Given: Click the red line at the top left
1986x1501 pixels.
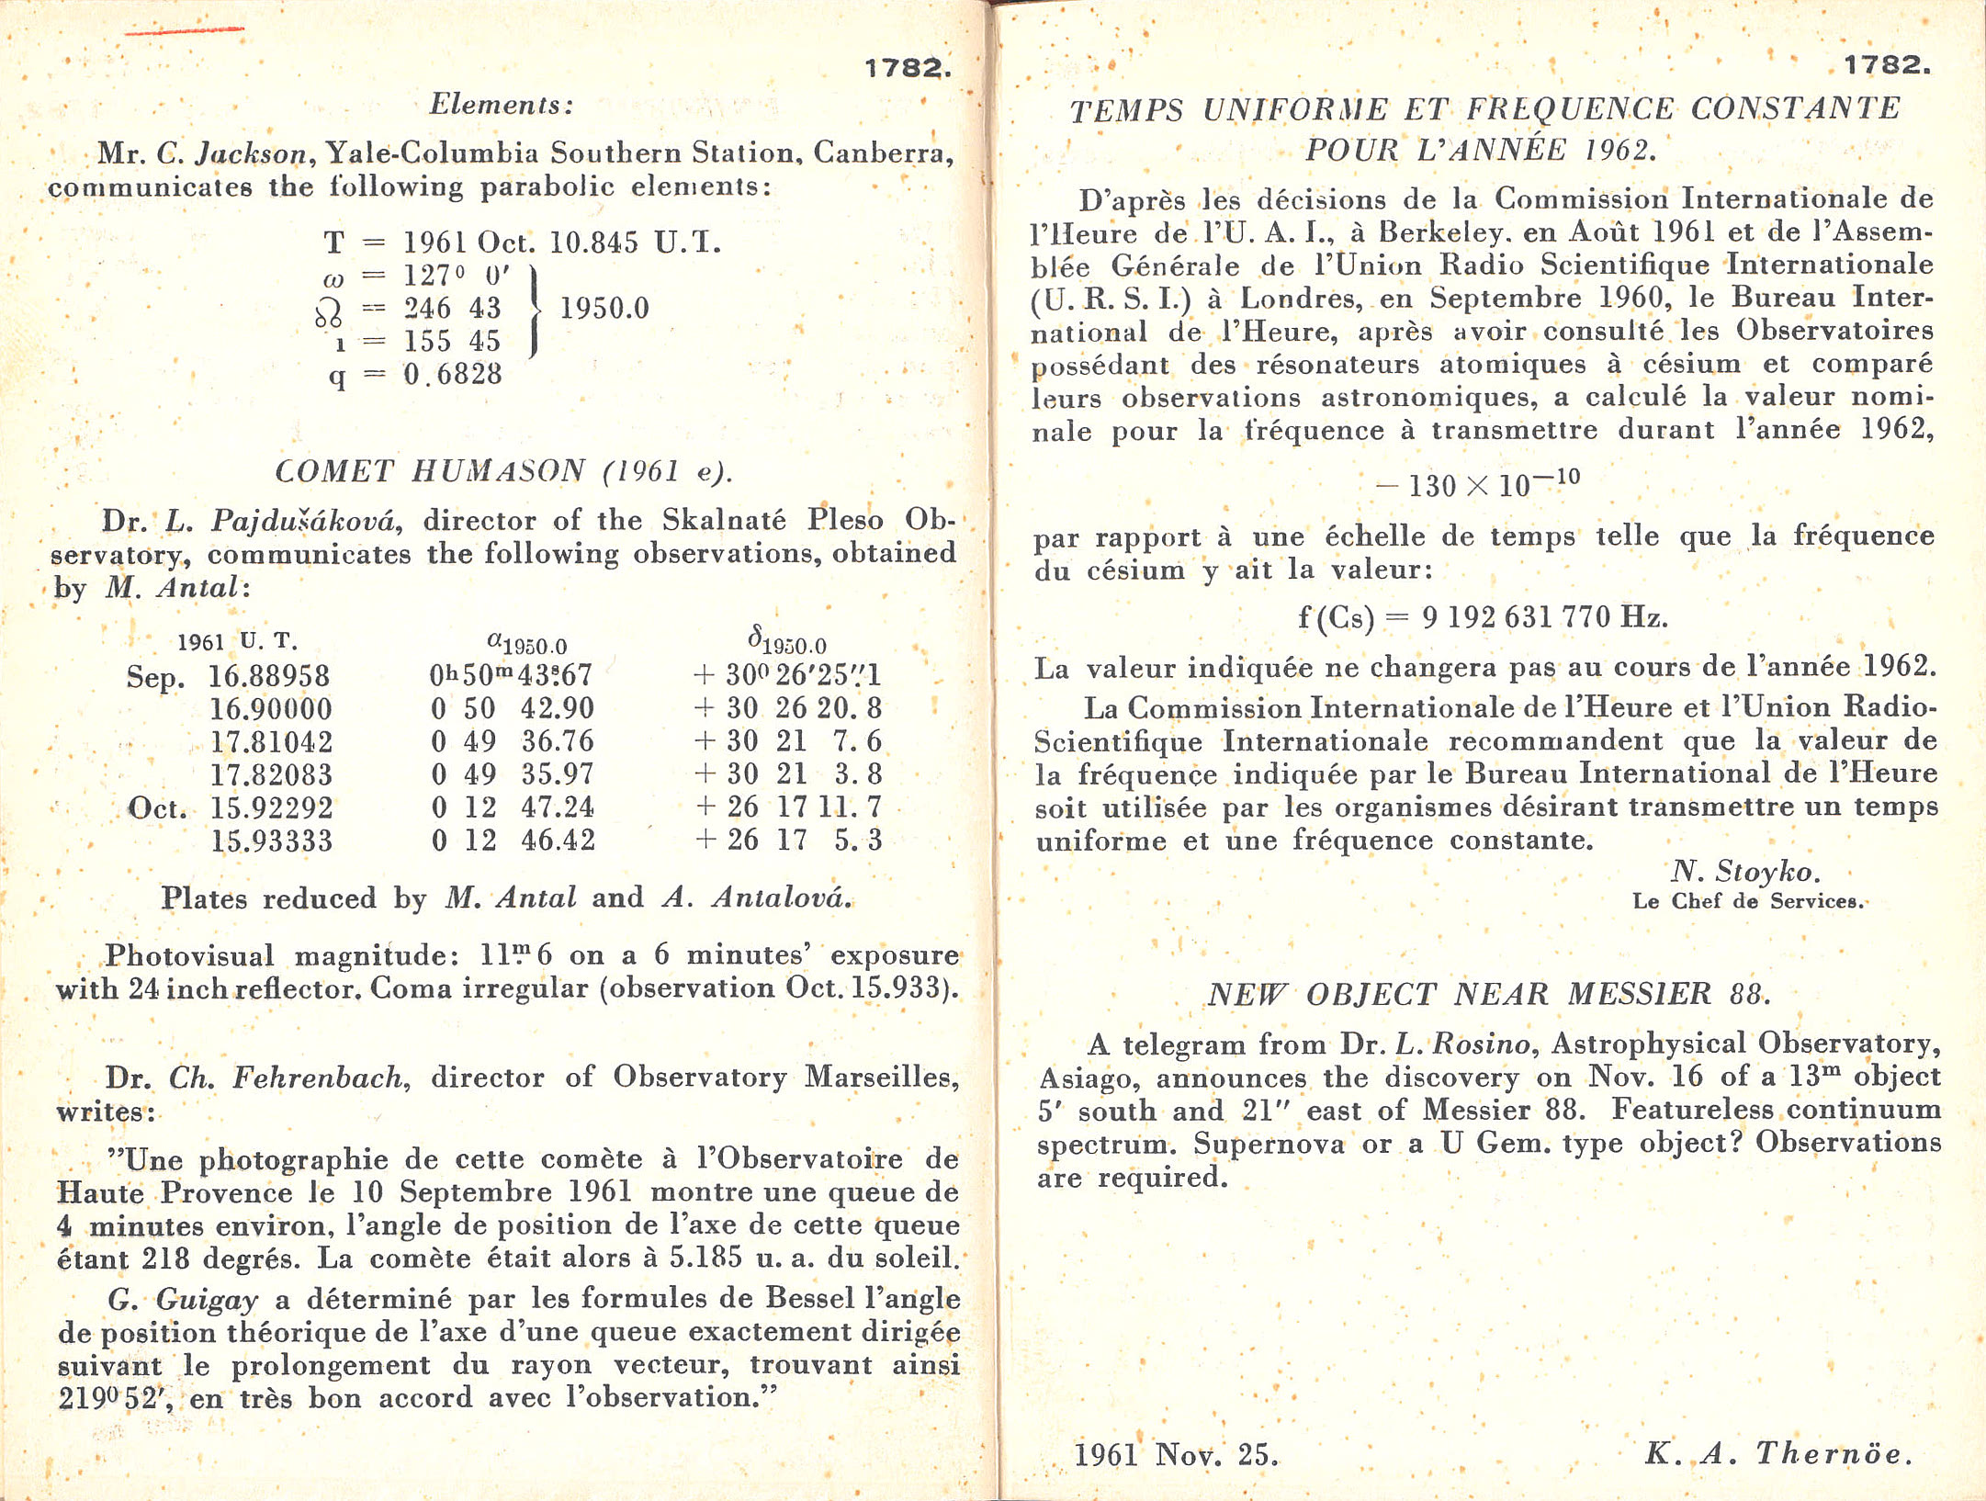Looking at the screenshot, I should click(x=184, y=31).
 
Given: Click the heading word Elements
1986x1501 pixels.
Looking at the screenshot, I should click(x=502, y=105).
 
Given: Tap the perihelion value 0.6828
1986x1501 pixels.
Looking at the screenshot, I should click(x=453, y=374).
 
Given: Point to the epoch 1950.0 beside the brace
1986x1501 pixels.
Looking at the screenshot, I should click(x=604, y=309).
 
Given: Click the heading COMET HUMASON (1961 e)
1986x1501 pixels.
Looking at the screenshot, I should click(x=504, y=471).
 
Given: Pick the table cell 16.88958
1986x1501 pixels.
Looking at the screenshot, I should click(x=269, y=676).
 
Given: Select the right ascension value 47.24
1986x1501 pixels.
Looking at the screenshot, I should click(x=558, y=807).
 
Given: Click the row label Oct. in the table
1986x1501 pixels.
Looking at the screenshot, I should click(x=157, y=808).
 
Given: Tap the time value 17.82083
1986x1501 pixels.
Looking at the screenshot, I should click(x=271, y=774).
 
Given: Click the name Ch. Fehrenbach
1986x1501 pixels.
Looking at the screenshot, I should click(x=287, y=1078).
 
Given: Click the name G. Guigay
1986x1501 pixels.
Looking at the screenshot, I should click(x=183, y=1299).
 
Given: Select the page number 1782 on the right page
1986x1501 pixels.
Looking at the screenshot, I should click(x=1886, y=65).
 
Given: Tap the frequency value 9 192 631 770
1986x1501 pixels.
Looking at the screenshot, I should click(x=1515, y=616).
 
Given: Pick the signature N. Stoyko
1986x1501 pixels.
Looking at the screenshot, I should click(x=1744, y=871).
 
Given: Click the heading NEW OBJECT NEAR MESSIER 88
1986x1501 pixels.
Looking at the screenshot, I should click(x=1488, y=994).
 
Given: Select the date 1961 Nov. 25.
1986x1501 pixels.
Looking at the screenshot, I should click(x=1176, y=1454).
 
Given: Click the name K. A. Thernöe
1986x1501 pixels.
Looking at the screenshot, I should click(x=1778, y=1453).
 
